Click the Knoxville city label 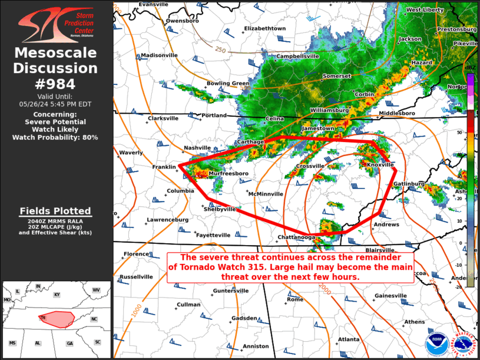coord(380,165)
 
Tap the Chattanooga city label coord(298,238)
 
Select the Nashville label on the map coord(197,148)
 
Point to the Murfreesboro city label coord(227,174)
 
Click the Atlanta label coord(349,339)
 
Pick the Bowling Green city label coord(228,84)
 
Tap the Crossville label coord(310,166)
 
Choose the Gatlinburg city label coord(409,184)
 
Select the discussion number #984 coord(56,84)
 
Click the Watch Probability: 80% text coord(56,137)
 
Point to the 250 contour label coord(221,49)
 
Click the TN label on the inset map coord(42,318)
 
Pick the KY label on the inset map coord(57,294)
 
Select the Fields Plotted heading coord(56,211)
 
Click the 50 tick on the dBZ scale coord(475,133)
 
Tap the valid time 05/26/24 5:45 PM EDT coord(56,104)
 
